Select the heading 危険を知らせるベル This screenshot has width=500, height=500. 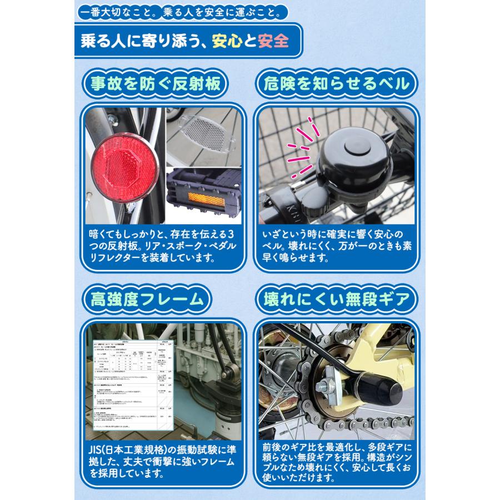tap(336, 85)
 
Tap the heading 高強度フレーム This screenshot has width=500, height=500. tap(147, 301)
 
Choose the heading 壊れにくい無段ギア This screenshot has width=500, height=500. tap(337, 301)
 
